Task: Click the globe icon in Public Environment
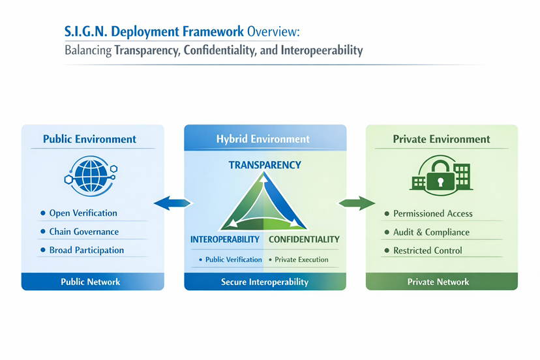click(x=89, y=173)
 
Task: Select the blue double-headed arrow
click(x=173, y=204)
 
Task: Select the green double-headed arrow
click(x=355, y=204)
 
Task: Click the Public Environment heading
click(x=89, y=139)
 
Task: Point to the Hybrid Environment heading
click(x=263, y=139)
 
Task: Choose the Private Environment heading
click(x=442, y=139)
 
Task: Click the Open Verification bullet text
click(x=83, y=213)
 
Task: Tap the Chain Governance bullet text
click(x=83, y=232)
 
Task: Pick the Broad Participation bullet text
click(x=86, y=250)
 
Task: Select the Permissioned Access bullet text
click(x=432, y=213)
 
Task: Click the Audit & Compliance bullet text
click(x=431, y=232)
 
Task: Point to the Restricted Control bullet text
click(x=427, y=250)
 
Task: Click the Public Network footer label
click(x=90, y=282)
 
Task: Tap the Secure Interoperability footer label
click(x=265, y=282)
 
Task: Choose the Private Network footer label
click(x=438, y=282)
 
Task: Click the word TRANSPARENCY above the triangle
click(x=265, y=165)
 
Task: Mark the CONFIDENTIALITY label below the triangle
click(x=304, y=239)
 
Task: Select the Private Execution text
click(x=301, y=260)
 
